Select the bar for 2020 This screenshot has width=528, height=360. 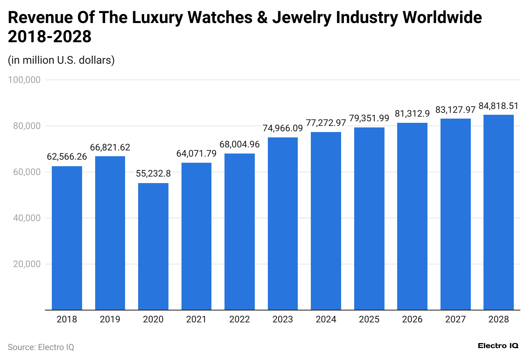tap(153, 246)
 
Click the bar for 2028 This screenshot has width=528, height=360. tap(498, 212)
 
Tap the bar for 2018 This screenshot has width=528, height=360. tap(67, 238)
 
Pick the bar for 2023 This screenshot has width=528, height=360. tap(283, 223)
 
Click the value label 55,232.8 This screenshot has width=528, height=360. tap(153, 173)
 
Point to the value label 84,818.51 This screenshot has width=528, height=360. tap(498, 106)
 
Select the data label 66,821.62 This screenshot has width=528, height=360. tap(110, 147)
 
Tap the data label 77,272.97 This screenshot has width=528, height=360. tap(326, 123)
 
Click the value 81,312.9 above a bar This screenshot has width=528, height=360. tap(412, 114)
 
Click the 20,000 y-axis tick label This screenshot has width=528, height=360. tap(27, 264)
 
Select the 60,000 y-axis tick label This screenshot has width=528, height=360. tap(27, 172)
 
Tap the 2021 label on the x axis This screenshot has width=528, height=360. tap(196, 319)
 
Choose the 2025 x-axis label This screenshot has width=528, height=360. tap(369, 319)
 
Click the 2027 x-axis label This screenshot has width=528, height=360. tap(455, 319)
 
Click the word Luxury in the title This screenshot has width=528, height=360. tap(157, 18)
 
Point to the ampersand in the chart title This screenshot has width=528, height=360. tap(262, 18)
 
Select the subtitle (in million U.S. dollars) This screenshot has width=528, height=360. tap(61, 60)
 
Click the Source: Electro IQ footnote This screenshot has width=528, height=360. tap(41, 347)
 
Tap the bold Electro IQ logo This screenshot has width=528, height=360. tap(498, 346)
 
